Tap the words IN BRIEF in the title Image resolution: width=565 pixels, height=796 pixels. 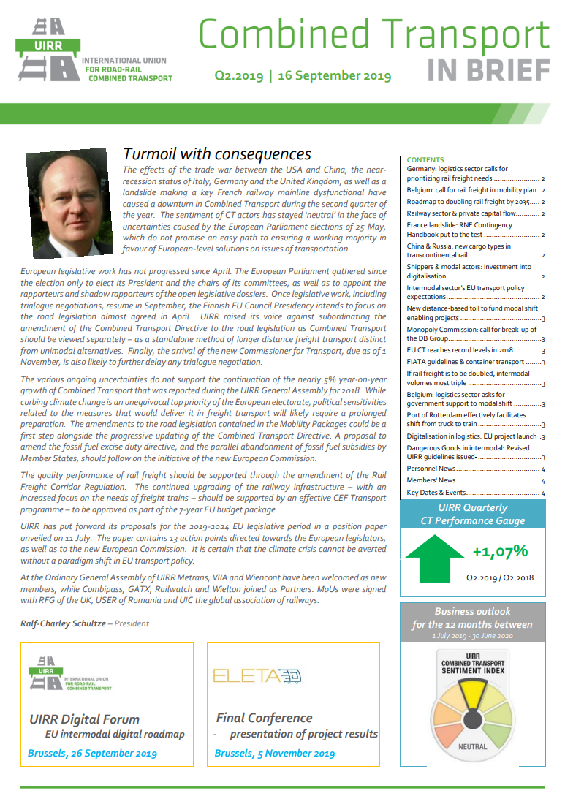(x=488, y=69)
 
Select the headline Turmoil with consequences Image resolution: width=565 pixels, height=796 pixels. (x=217, y=153)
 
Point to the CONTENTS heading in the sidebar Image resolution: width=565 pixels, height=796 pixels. (x=425, y=159)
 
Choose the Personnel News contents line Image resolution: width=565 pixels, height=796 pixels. (x=431, y=469)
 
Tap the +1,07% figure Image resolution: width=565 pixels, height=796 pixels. (x=500, y=550)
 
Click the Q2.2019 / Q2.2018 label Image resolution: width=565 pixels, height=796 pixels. (x=500, y=577)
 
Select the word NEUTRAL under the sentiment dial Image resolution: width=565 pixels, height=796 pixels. (x=472, y=747)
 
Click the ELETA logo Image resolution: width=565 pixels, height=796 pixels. (x=257, y=675)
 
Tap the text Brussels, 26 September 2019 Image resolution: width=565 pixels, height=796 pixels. (x=92, y=753)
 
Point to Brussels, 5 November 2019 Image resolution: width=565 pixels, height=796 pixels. (x=275, y=753)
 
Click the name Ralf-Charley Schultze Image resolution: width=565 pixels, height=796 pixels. (x=61, y=623)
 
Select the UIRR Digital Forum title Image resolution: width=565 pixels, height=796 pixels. (x=85, y=719)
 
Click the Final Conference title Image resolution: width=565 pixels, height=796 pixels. (x=264, y=717)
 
